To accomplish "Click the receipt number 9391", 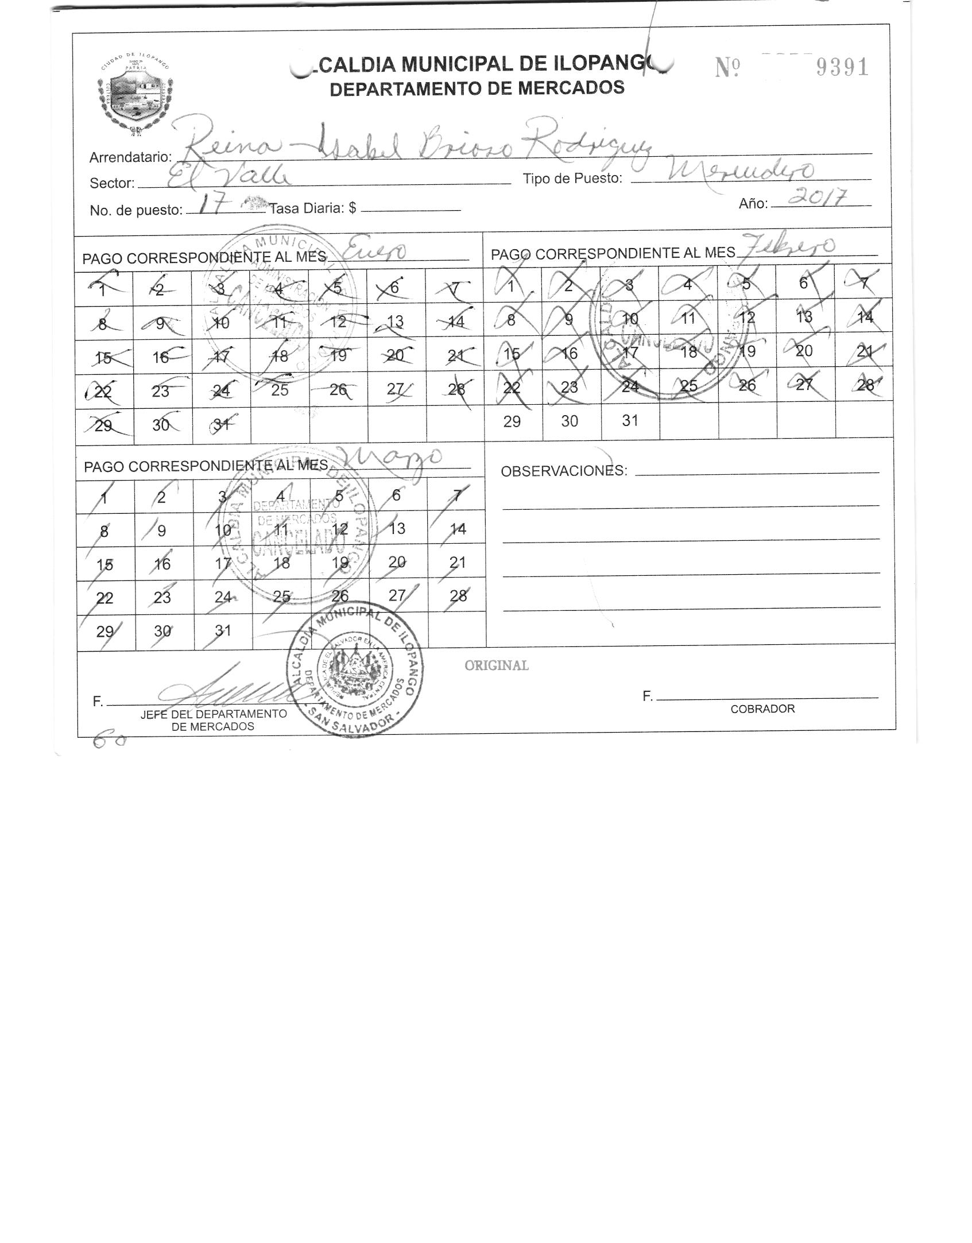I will coord(842,68).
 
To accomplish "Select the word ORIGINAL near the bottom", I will coord(496,665).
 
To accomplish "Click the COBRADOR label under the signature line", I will coord(762,709).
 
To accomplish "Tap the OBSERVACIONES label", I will coord(564,471).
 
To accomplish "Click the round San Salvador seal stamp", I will coord(354,672).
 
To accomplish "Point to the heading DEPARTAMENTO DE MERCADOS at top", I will coord(477,88).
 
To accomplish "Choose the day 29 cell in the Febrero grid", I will coord(512,421).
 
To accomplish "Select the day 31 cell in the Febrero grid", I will coord(630,421).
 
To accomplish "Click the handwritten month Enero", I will coord(375,250).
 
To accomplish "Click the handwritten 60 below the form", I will coord(109,741).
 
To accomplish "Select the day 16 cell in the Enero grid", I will coord(162,357).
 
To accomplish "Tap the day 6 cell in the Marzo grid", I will coord(396,495).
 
